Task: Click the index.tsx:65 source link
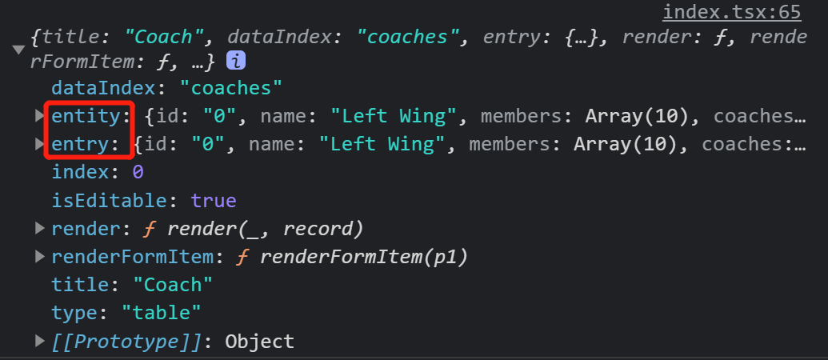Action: coord(732,12)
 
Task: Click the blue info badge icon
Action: coord(235,62)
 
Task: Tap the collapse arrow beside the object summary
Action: coord(19,50)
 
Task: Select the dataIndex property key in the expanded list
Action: coord(104,88)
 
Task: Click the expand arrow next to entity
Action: coord(40,116)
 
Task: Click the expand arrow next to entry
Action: coord(40,143)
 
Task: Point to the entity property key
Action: coord(86,116)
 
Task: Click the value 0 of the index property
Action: coord(138,172)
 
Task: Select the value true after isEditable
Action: coord(214,201)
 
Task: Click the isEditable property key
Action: coord(110,201)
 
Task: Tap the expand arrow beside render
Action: coord(40,228)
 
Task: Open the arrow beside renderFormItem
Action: coord(40,257)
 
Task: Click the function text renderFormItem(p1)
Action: coord(364,257)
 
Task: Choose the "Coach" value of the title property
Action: coord(172,285)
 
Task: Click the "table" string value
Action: coord(161,313)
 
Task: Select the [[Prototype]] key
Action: coord(126,342)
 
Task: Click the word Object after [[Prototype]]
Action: coord(259,342)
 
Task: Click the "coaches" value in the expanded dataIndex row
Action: coord(230,88)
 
